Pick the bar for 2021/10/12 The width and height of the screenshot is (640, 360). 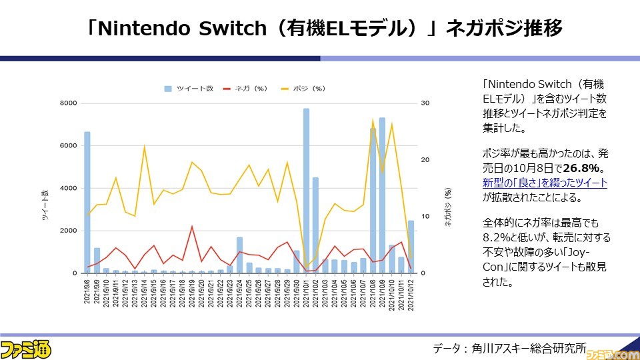(411, 247)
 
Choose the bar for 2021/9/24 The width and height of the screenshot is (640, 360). (239, 255)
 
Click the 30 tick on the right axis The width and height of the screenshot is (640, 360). (424, 103)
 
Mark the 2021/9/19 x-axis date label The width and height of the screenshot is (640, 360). (192, 291)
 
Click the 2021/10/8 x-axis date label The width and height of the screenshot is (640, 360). (373, 291)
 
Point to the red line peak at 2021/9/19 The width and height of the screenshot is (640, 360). (192, 227)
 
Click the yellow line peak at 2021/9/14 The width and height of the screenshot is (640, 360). (145, 146)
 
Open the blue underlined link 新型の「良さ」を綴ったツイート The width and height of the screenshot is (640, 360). (545, 183)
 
